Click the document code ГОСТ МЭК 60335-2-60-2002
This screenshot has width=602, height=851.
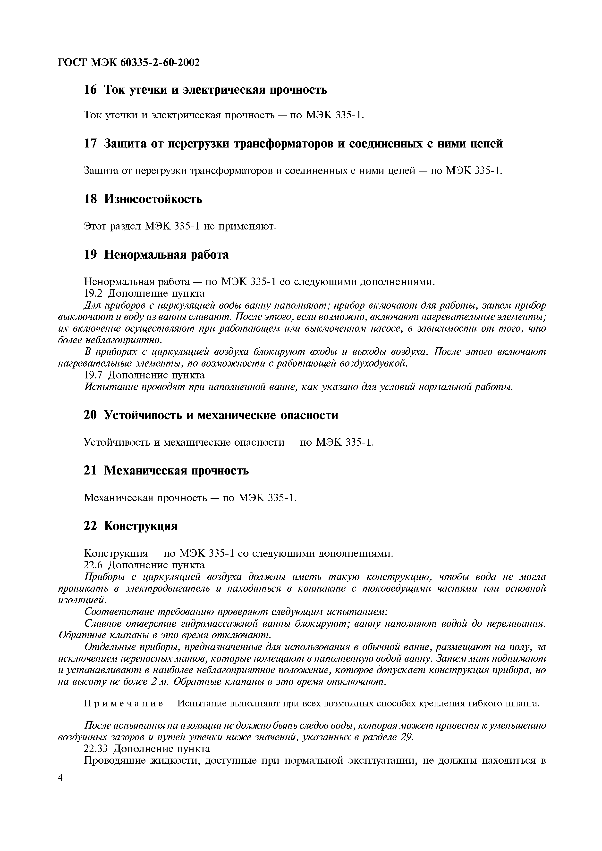[x=129, y=63]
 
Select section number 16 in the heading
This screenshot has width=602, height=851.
[x=90, y=90]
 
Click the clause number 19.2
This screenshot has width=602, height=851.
[x=93, y=293]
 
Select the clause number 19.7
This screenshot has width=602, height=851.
[x=93, y=375]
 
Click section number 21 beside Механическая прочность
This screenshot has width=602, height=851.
[x=90, y=470]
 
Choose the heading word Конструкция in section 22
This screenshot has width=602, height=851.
[x=141, y=526]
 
